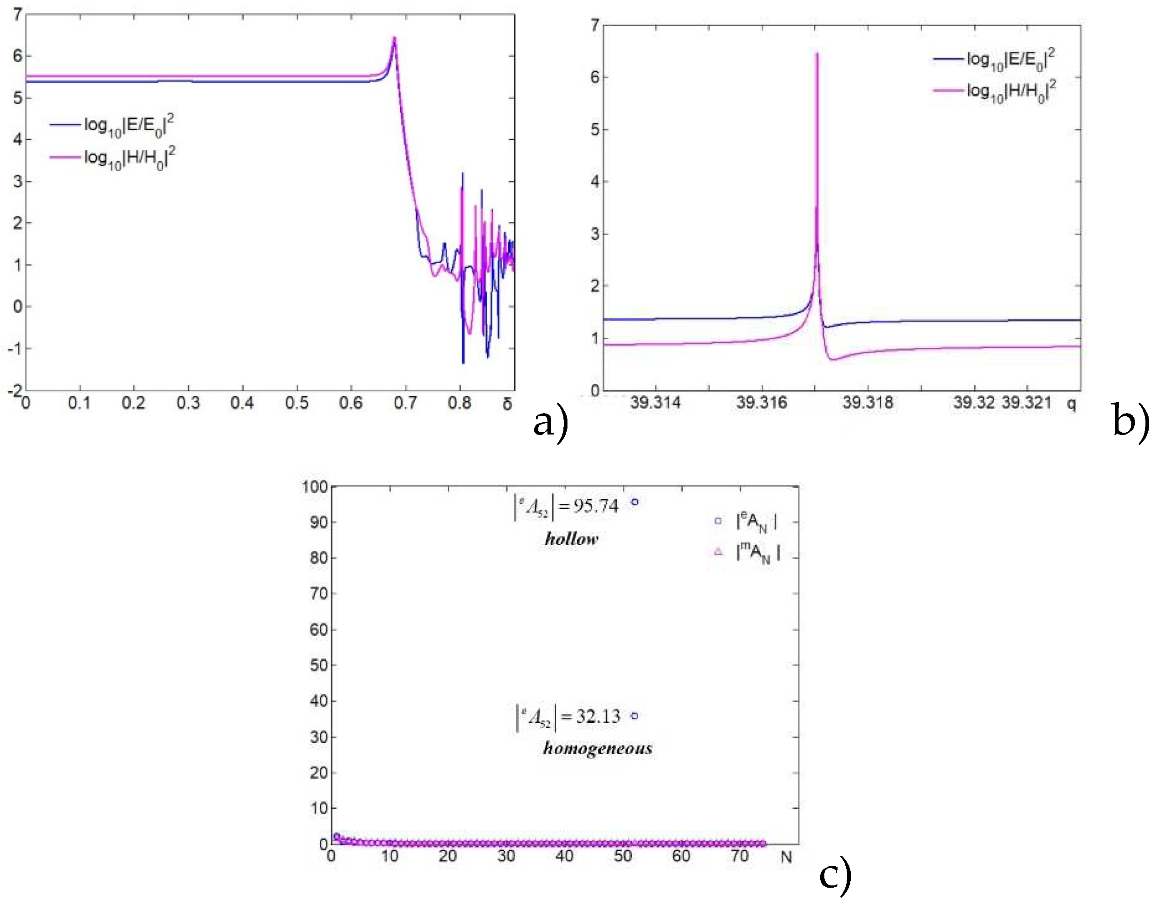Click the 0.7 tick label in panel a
[x=405, y=404]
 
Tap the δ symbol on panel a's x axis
[x=507, y=404]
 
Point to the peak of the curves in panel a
[x=394, y=38]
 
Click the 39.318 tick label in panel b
[x=867, y=403]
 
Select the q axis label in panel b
[x=1071, y=404]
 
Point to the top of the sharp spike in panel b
[x=817, y=54]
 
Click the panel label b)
[x=1130, y=423]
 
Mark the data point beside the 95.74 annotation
[x=634, y=502]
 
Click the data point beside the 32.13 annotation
[x=634, y=716]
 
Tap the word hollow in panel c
[x=571, y=539]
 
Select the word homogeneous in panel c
[x=597, y=748]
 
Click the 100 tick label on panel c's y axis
[x=314, y=487]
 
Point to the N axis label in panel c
[x=786, y=857]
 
